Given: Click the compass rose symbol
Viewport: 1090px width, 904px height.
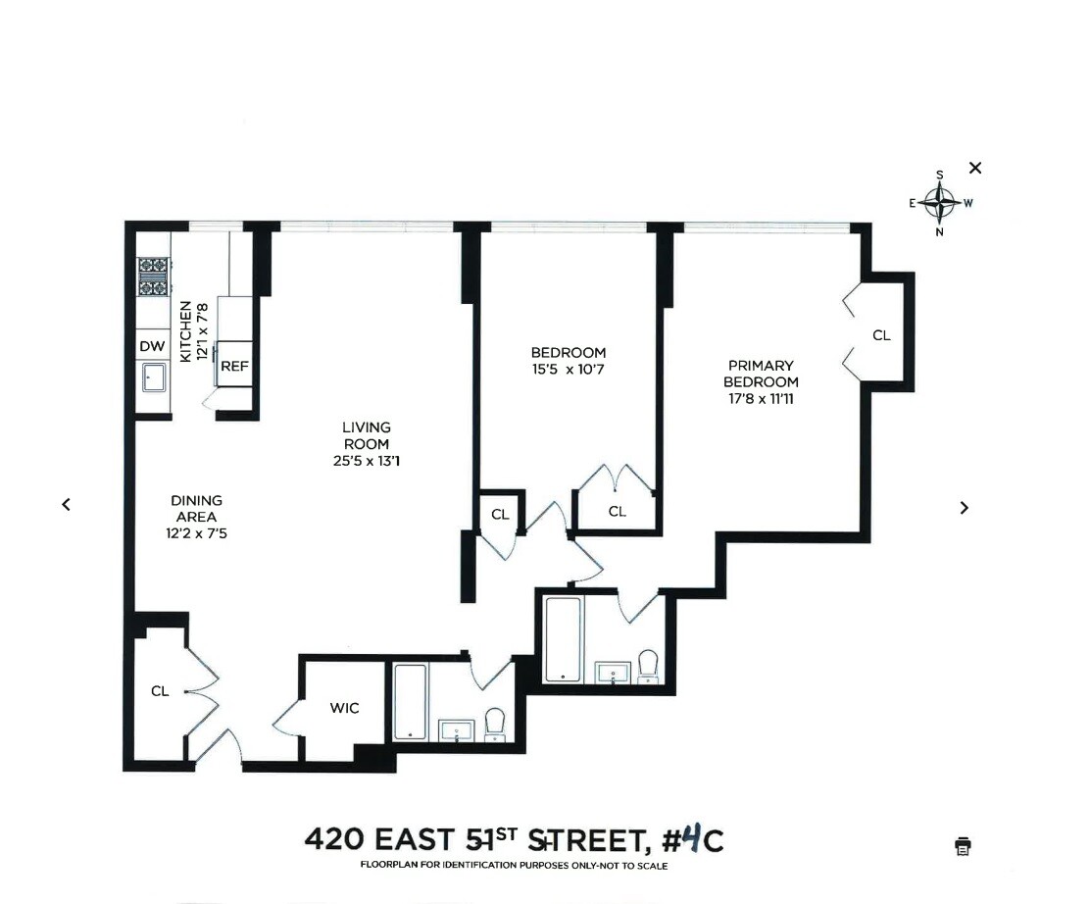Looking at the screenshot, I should pos(940,204).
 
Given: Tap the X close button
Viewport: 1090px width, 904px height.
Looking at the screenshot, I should pos(974,168).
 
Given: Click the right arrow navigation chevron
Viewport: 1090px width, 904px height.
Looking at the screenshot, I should pos(965,507).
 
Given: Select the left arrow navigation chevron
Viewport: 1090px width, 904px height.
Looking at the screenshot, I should pos(66,504).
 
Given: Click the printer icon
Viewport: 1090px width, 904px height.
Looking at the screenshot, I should pos(963,845).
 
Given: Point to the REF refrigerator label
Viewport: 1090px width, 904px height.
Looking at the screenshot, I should pos(234,366).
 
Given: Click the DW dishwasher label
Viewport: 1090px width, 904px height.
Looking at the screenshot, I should pos(152,345).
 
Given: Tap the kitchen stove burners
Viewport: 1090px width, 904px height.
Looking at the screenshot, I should pos(152,276).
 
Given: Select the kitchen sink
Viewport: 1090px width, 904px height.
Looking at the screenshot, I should pos(153,375).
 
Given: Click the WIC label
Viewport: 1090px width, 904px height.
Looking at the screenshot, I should pos(343,708).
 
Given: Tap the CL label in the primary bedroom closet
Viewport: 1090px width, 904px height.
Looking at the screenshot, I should pos(881,335).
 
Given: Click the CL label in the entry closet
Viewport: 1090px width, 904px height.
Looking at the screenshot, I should pos(160,690).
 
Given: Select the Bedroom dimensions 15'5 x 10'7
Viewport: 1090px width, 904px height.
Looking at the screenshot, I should pos(569,370).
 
